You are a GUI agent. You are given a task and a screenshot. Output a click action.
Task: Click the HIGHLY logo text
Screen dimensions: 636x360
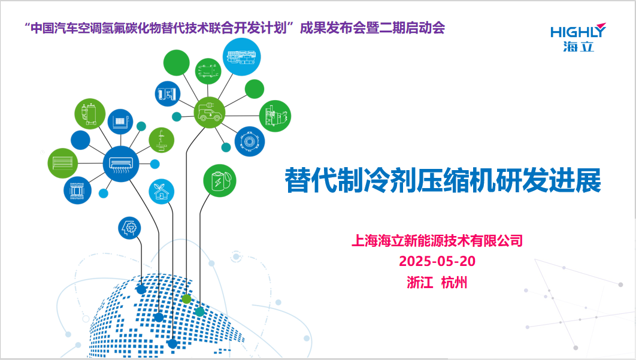(577, 32)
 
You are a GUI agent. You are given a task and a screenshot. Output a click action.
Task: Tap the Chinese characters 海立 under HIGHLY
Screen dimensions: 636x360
(579, 46)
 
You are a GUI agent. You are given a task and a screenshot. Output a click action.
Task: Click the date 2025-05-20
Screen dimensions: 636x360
(437, 261)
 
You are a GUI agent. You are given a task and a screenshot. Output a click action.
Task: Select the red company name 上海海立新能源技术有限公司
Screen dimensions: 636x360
(437, 241)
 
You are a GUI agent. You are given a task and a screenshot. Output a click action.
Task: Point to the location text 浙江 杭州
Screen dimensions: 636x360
(437, 283)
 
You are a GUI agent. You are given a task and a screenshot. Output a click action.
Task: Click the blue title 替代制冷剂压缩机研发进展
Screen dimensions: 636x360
(443, 180)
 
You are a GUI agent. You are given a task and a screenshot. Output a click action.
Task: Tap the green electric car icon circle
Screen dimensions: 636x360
(209, 113)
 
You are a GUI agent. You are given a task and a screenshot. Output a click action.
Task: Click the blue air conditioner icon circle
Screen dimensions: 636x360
(121, 164)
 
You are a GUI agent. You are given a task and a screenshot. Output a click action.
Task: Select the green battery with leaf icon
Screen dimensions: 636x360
(219, 181)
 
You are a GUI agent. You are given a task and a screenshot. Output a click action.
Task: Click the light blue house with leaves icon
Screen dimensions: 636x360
(162, 192)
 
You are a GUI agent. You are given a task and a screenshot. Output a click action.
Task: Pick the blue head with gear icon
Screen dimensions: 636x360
(129, 228)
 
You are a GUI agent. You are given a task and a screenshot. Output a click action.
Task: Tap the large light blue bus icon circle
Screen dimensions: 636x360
(242, 57)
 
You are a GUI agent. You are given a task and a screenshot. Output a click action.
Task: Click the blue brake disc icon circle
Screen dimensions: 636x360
(250, 141)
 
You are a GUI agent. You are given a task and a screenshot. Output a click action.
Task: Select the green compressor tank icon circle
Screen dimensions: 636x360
(90, 114)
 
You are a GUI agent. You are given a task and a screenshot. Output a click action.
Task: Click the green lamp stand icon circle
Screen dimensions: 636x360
(162, 140)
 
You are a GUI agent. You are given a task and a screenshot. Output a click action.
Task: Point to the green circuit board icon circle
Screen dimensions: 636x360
(208, 71)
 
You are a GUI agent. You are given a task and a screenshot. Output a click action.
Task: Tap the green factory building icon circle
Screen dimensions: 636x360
(275, 116)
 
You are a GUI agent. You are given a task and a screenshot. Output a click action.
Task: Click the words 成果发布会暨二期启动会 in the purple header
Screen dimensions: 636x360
(372, 28)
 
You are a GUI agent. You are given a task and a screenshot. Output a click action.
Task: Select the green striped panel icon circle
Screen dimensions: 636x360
(62, 163)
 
